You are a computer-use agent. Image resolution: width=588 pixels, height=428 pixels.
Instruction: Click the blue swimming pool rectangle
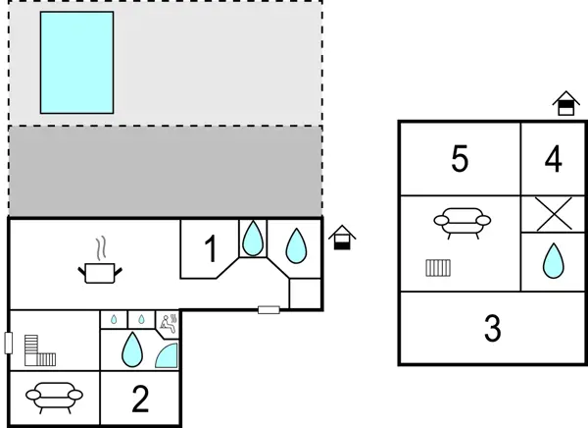click(76, 62)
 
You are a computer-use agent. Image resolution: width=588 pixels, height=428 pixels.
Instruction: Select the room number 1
click(210, 250)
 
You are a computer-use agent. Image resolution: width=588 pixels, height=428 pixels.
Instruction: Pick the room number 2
click(140, 399)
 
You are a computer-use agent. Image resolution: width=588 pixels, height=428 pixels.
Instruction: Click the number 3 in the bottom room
click(493, 329)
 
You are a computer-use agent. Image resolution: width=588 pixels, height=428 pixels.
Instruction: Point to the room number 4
click(554, 159)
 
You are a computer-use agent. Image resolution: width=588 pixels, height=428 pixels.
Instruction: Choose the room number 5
click(460, 159)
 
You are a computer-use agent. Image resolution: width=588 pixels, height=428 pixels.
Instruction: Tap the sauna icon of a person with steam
click(169, 319)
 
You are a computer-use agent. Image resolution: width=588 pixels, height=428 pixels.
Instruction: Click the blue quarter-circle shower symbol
click(168, 354)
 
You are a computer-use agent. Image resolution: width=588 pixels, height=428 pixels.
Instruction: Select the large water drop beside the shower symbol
click(131, 348)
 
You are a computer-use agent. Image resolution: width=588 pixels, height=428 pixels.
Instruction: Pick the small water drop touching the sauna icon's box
click(142, 319)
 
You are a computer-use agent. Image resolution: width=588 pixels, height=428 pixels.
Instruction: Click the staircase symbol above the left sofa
click(42, 348)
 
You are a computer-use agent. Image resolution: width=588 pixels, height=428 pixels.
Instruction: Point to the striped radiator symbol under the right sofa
click(437, 267)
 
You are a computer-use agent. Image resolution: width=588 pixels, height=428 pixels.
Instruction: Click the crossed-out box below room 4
click(554, 214)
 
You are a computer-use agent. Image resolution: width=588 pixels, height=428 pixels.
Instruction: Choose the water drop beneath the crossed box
click(554, 261)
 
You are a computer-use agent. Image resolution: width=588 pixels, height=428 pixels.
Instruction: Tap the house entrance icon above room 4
click(564, 104)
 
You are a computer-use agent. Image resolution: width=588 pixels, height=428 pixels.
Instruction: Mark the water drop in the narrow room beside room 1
click(253, 238)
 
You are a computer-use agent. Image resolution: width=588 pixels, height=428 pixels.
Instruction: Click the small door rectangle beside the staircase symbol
click(8, 344)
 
